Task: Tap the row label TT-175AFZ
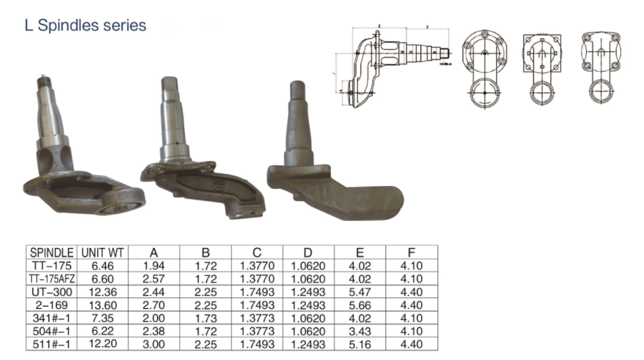[52, 278]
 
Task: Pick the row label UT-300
[52, 291]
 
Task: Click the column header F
[412, 253]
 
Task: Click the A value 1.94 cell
[154, 266]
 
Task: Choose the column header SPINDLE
[52, 253]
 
